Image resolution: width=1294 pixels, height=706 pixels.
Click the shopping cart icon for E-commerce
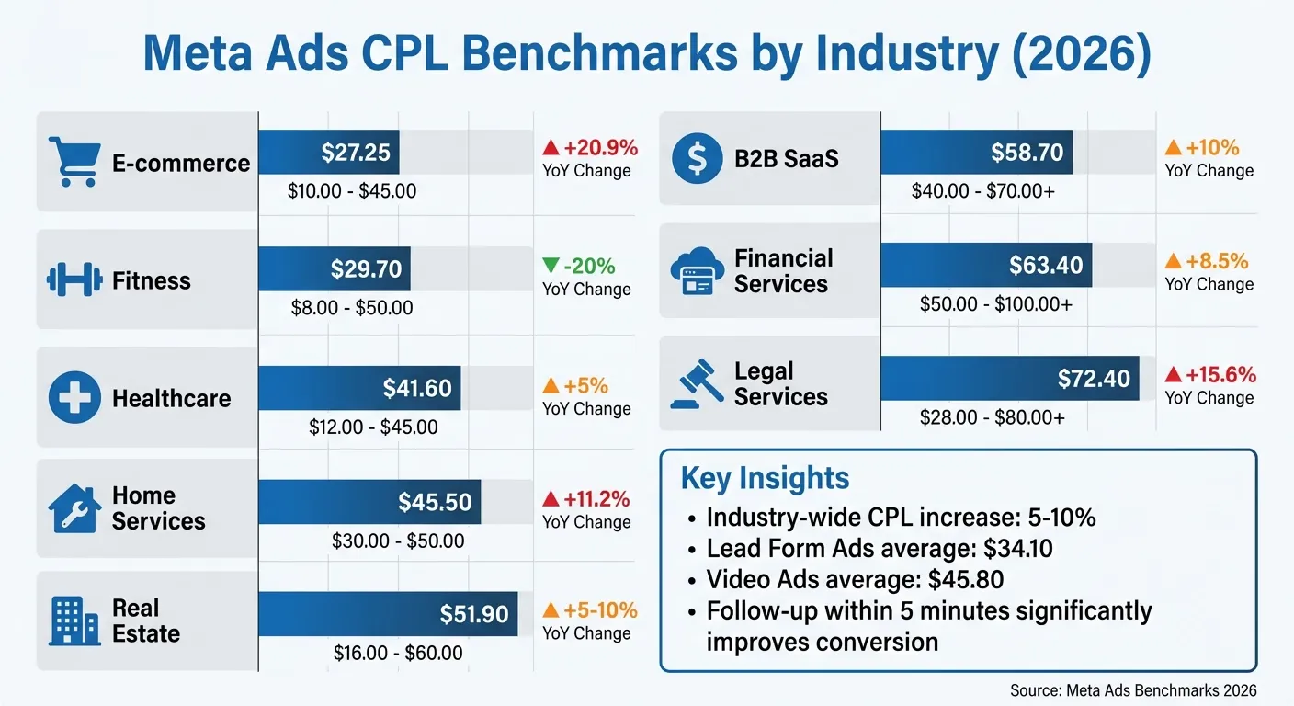click(x=74, y=162)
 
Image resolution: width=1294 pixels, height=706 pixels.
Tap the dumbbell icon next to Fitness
click(x=74, y=280)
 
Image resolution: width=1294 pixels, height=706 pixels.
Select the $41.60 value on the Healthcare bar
click(x=417, y=388)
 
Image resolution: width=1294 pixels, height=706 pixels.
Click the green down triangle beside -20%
click(x=551, y=267)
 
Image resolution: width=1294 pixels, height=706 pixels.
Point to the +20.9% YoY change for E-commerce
click(x=600, y=148)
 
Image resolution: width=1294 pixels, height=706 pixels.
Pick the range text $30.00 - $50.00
click(x=398, y=541)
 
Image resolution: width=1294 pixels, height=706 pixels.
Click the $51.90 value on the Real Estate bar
click(x=474, y=614)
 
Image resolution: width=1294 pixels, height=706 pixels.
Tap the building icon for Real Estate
click(x=74, y=621)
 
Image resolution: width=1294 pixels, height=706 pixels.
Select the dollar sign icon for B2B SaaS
click(x=697, y=158)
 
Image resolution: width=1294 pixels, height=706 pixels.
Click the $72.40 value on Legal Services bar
click(x=1094, y=379)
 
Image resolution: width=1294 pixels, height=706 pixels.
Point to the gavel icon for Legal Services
click(x=698, y=384)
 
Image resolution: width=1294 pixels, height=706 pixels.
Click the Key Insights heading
click(x=765, y=478)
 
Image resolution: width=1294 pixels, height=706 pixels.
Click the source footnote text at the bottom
click(x=1132, y=690)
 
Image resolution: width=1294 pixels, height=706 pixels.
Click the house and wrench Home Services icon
click(x=74, y=508)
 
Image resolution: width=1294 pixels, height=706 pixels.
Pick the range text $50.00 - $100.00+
click(x=995, y=304)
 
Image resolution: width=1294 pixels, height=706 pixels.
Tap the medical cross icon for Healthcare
click(x=74, y=398)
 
